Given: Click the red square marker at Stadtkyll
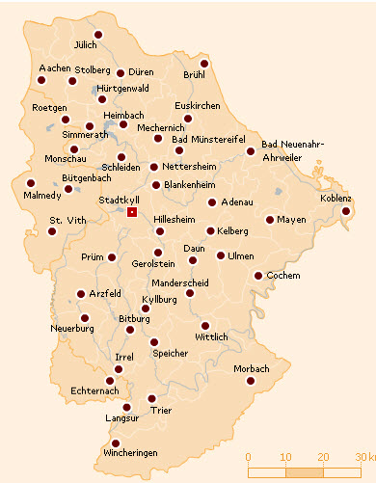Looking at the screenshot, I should pyautogui.click(x=132, y=211).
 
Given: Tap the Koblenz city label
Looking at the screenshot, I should pyautogui.click(x=337, y=198).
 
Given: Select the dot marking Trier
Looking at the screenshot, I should pyautogui.click(x=151, y=398).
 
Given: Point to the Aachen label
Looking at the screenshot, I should pyautogui.click(x=55, y=68).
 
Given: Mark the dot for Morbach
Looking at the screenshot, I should pyautogui.click(x=250, y=381).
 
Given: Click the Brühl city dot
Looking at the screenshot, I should pyautogui.click(x=203, y=64).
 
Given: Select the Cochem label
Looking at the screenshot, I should pyautogui.click(x=282, y=274).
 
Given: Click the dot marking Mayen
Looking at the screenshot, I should pyautogui.click(x=270, y=220).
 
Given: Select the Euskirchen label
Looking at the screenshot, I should pyautogui.click(x=199, y=104).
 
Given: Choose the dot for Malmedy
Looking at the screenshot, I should pyautogui.click(x=31, y=182).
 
